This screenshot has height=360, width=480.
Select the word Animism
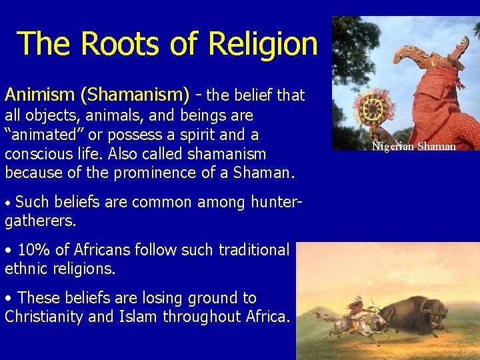click(33, 94)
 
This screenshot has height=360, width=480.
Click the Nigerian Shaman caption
click(413, 146)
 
